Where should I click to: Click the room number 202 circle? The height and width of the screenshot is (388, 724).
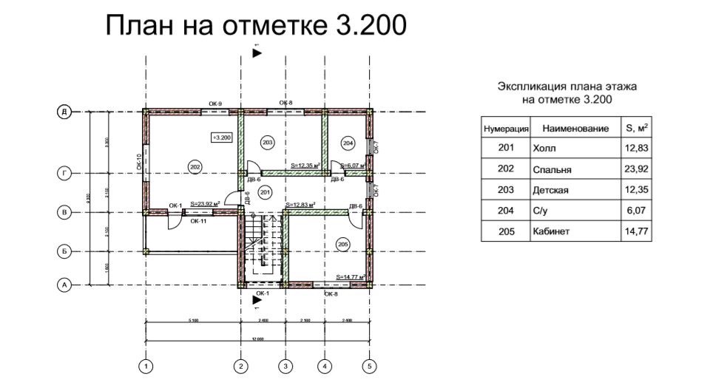(195, 166)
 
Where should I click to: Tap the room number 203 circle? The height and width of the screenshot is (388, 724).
(268, 141)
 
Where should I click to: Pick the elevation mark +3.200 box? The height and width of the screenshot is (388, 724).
(222, 137)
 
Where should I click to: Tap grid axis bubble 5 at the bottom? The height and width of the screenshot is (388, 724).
(369, 365)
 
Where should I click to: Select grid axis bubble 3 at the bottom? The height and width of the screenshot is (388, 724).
(285, 365)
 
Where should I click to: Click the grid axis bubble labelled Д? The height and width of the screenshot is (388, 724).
(65, 112)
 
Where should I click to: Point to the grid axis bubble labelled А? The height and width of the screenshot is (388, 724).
(65, 285)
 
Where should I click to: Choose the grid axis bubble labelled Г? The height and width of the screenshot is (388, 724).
(65, 174)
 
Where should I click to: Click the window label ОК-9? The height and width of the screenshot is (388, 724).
(215, 103)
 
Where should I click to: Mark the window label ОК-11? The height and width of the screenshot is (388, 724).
(198, 220)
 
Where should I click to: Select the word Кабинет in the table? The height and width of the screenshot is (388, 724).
(551, 232)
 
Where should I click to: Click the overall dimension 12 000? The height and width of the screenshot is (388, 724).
(258, 338)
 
